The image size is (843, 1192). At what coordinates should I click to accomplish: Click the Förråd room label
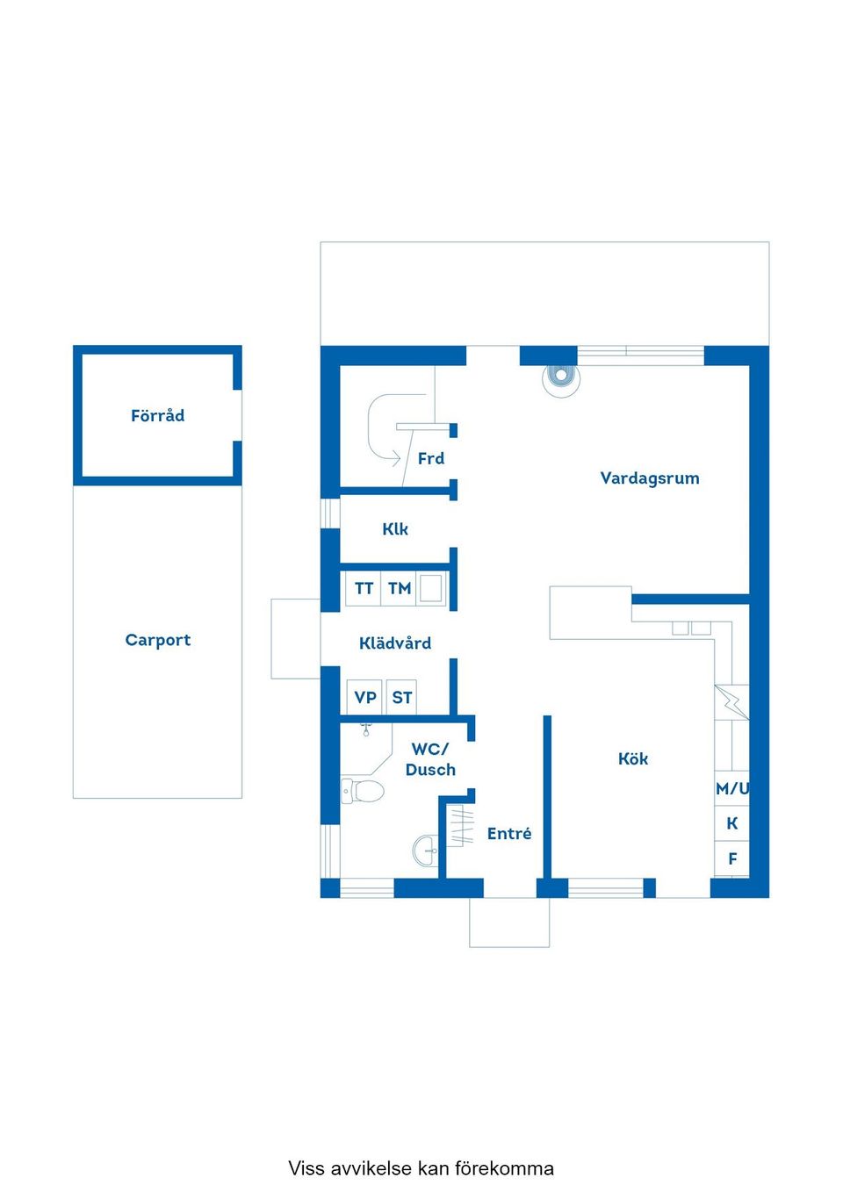coord(158,416)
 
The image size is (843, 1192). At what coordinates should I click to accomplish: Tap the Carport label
coord(158,640)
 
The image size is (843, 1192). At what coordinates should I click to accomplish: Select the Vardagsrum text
coord(650,478)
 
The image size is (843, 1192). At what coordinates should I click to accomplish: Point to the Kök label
coord(633,759)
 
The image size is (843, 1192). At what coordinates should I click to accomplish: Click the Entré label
coord(509,834)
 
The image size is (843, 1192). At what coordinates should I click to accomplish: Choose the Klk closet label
coord(395,529)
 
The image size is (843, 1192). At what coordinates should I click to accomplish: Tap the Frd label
coord(431,458)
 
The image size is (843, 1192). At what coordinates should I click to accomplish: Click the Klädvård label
coord(395,643)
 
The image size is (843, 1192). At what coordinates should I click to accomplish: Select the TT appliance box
coord(364,589)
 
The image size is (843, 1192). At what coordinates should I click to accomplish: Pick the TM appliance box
coord(400,589)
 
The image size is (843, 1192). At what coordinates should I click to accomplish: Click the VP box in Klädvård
coord(365,698)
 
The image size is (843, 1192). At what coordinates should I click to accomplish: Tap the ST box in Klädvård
coord(401,698)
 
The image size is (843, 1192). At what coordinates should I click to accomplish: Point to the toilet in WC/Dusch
coord(364,791)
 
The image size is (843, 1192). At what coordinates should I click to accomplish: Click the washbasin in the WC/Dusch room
coord(426,850)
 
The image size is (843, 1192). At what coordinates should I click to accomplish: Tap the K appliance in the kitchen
coord(732,823)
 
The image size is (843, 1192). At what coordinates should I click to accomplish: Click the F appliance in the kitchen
coord(732,858)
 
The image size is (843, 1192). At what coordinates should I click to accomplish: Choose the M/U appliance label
coord(732,788)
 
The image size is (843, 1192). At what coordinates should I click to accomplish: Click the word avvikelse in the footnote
coord(370,1168)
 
